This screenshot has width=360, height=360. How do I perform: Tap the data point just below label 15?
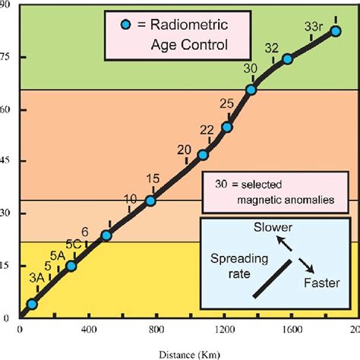tap(150, 201)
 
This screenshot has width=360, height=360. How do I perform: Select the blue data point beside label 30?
tap(251, 90)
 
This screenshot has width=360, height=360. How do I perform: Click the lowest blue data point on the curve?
tap(32, 304)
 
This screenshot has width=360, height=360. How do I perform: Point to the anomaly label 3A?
tap(36, 278)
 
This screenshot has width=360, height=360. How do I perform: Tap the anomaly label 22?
tap(207, 130)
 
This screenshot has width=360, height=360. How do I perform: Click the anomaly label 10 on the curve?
tap(130, 199)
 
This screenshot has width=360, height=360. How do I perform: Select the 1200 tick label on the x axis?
tap(226, 330)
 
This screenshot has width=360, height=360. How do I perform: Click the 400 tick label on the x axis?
tap(89, 330)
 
